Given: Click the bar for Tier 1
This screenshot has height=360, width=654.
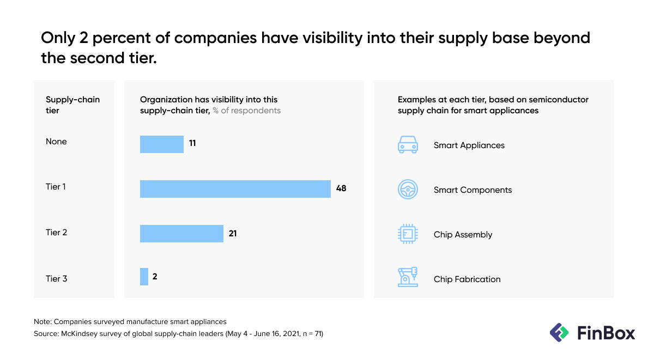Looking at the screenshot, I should coord(235,188).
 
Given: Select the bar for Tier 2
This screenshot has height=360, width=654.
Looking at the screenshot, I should coord(181,234).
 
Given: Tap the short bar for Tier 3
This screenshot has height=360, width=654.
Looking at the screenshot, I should coord(144,277).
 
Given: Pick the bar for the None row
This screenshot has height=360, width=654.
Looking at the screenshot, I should coord(162,144).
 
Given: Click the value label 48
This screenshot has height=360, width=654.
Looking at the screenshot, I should coord(341,188).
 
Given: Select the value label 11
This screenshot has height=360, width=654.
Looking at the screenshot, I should coord(192,144).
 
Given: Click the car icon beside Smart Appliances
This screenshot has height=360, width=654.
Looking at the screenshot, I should coord(408,145).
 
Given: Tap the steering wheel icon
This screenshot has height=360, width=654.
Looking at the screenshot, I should coord(408,190).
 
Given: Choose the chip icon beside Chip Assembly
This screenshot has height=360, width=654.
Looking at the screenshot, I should coord(408,234).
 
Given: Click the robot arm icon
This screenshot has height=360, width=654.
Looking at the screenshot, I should coord(408,277).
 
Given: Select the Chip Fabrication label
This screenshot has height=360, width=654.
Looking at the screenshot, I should coord(467,279).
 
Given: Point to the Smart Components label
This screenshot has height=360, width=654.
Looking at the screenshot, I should coord(473,190).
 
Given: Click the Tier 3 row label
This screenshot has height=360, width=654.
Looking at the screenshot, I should coord(57,279).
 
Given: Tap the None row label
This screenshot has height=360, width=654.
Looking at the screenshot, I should coord(56,142).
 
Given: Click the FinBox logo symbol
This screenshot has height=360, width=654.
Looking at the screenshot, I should coord(559,332).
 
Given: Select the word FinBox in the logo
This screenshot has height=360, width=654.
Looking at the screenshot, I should coord(605,332).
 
